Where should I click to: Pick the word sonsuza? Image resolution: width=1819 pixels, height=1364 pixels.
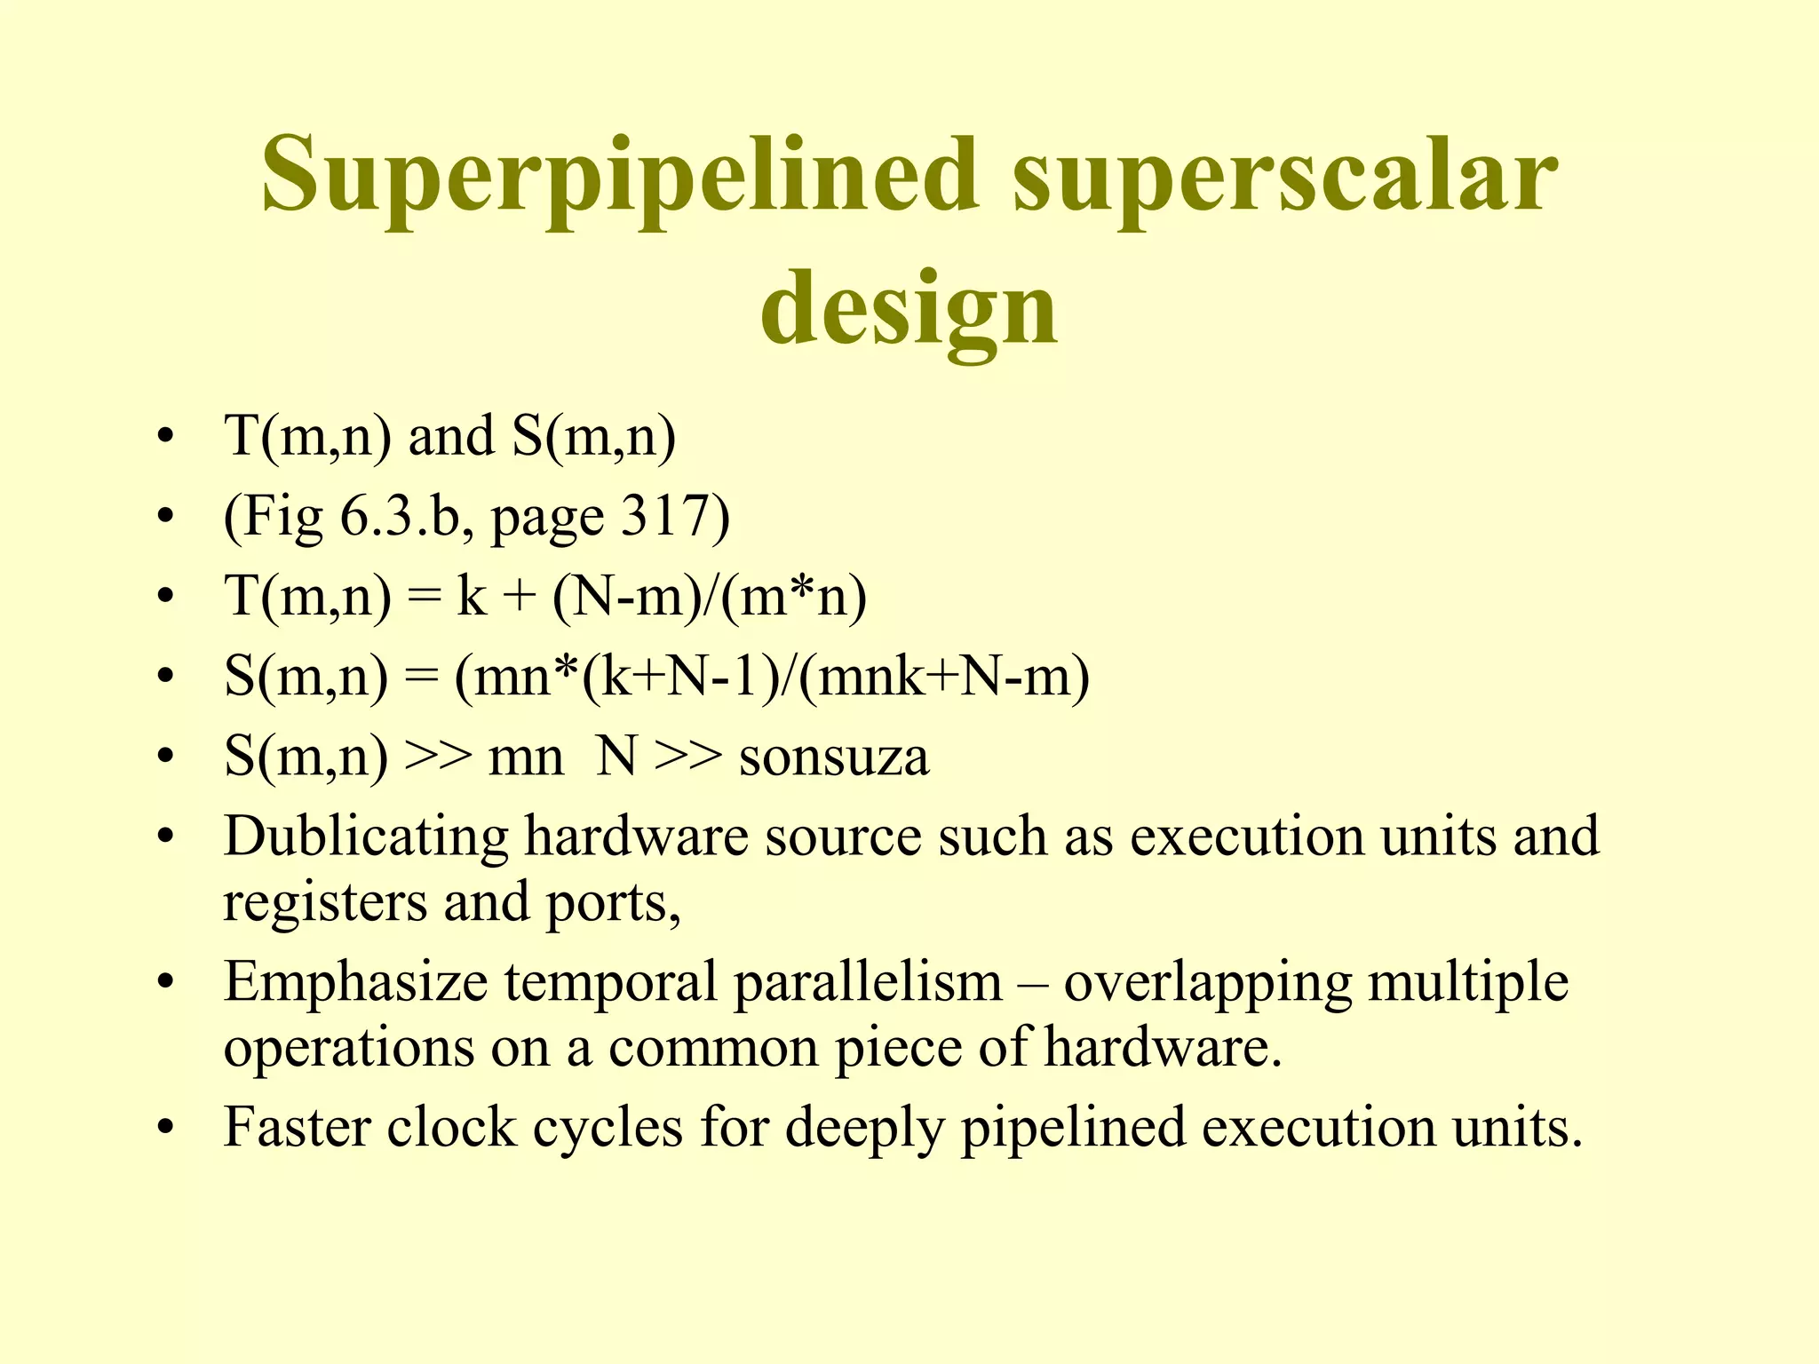(834, 757)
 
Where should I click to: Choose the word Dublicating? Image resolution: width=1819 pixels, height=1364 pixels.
(366, 837)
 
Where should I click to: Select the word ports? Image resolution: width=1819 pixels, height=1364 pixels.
(613, 903)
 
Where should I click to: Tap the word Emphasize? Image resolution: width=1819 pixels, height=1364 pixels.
(355, 982)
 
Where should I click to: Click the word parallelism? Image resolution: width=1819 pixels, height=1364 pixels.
(868, 982)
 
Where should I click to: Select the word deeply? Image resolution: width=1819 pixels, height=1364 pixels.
(864, 1129)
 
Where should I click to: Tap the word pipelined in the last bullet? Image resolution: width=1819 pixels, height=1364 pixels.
(1073, 1129)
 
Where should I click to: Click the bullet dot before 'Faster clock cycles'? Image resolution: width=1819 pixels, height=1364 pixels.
(163, 1129)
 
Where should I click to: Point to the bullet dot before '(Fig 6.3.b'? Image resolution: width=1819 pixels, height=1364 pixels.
(163, 517)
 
